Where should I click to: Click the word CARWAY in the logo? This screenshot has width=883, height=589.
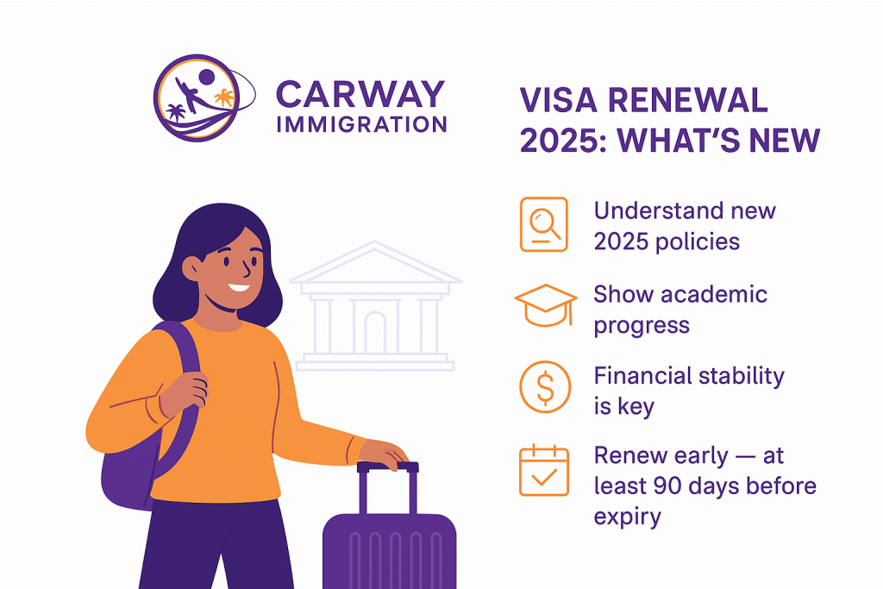click(x=360, y=93)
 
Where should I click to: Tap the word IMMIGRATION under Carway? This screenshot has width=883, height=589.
click(x=361, y=123)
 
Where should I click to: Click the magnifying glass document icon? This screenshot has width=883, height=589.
click(x=543, y=224)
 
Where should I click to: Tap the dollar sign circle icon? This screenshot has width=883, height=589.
click(x=544, y=388)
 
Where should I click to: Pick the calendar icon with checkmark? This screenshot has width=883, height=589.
click(x=543, y=470)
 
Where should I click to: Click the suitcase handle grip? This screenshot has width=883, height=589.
click(x=387, y=467)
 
